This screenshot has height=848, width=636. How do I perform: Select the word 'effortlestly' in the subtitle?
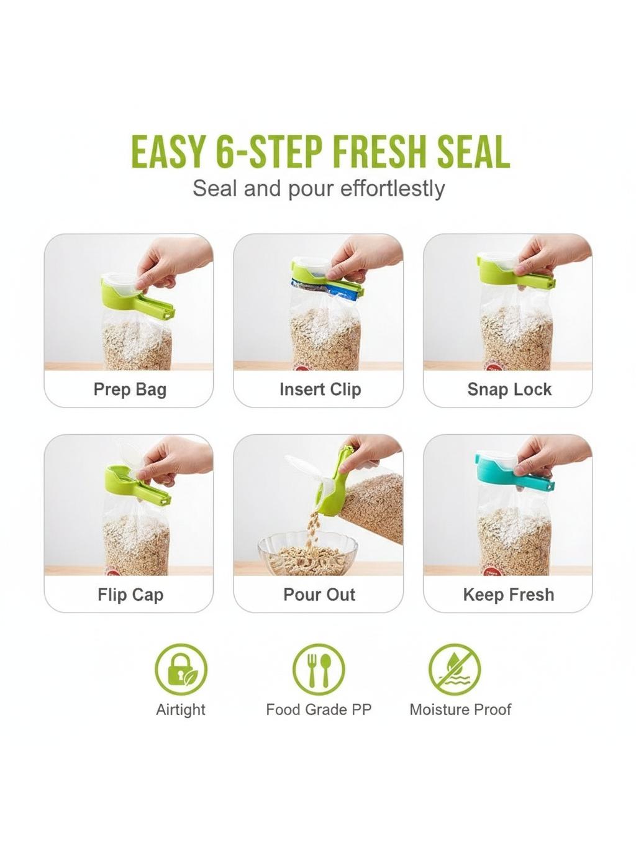[x=392, y=189]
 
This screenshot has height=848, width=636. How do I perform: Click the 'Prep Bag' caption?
[x=130, y=389]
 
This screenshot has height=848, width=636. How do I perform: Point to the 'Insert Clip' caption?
[x=320, y=389]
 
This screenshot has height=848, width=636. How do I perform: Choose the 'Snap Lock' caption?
[x=509, y=389]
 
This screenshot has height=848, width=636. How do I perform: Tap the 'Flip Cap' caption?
[x=130, y=595]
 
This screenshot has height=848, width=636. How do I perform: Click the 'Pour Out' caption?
[x=319, y=595]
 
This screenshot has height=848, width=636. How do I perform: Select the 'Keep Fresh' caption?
[x=509, y=595]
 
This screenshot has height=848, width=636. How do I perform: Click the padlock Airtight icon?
[x=181, y=670]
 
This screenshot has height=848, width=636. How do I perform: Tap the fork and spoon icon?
[x=319, y=670]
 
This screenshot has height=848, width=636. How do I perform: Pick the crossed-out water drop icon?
[x=455, y=670]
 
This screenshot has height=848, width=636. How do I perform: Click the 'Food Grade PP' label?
[x=319, y=709]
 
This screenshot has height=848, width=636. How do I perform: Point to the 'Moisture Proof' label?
[x=460, y=709]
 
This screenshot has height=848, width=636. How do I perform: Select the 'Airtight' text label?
[x=181, y=710]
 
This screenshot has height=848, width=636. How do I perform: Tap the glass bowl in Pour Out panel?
[x=308, y=554]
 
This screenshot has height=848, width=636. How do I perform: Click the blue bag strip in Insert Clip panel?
[x=328, y=290]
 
